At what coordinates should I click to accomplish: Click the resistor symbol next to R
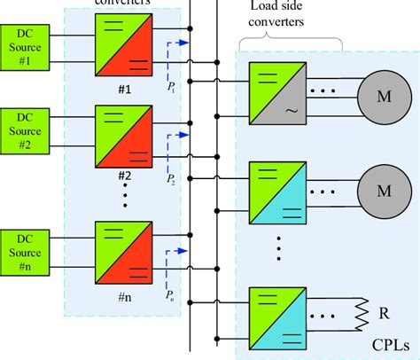pos(362,312)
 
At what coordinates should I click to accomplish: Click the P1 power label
pos(172,88)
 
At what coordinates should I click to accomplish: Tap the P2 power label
pos(172,178)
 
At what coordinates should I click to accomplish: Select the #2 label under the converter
pos(124,175)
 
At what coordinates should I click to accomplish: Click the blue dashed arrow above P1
pos(180,42)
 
